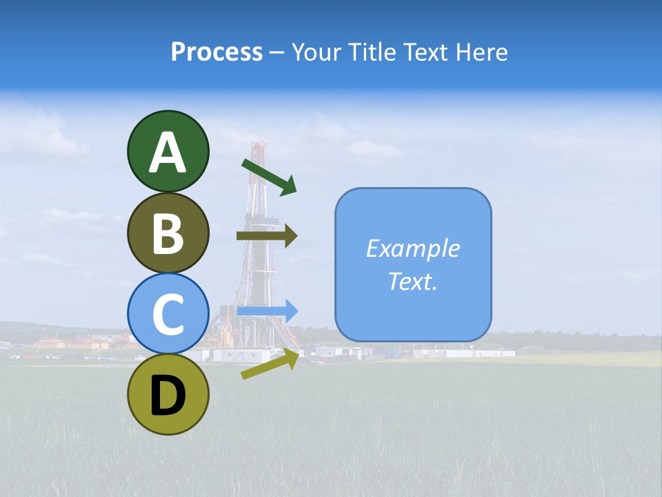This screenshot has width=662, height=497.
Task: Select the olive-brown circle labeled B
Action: pos(168,233)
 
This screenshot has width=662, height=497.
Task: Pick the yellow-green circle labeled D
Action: pos(168,394)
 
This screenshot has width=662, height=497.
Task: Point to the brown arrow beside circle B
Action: pos(267,236)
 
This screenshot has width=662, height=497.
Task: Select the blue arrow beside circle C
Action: pos(268,311)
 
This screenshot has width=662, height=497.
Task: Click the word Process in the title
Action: pos(217,52)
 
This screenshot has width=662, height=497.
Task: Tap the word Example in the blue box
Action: pos(412,248)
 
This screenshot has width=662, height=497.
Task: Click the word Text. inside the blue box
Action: pos(412,281)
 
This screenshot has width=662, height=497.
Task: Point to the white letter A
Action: pos(168,153)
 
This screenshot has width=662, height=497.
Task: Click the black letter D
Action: pos(168,396)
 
